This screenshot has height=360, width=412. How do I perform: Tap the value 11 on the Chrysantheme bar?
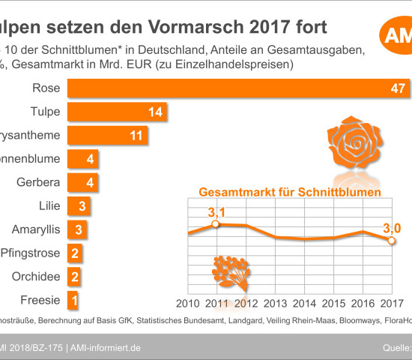coord(135,136)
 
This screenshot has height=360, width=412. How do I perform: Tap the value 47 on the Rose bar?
coord(398,88)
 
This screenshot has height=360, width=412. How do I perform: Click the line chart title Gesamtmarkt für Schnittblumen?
coord(290,193)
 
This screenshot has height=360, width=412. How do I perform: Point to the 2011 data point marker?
coord(216,224)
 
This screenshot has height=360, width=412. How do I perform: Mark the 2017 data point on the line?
coord(391,241)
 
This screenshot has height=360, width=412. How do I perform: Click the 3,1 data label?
coord(216,210)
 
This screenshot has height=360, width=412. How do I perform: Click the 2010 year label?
coord(189,303)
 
